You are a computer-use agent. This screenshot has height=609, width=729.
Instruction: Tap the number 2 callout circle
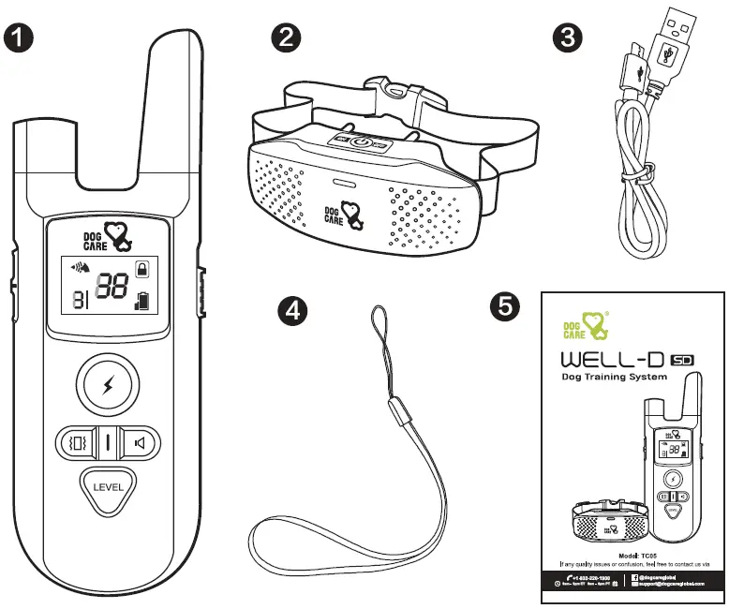pyautogui.click(x=286, y=38)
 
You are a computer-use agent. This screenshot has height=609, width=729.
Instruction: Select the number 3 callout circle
pyautogui.click(x=569, y=38)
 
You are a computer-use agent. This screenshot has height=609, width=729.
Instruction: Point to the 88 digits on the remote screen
pyautogui.click(x=112, y=289)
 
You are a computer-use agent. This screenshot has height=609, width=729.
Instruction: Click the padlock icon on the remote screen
pyautogui.click(x=141, y=269)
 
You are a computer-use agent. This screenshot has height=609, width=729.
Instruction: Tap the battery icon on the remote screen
pyautogui.click(x=141, y=302)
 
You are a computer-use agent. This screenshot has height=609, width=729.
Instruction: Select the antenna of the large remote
pyautogui.click(x=174, y=75)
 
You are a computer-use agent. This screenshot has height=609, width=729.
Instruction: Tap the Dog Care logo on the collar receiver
pyautogui.click(x=348, y=216)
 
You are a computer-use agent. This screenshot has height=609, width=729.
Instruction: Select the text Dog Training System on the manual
pyautogui.click(x=614, y=377)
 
